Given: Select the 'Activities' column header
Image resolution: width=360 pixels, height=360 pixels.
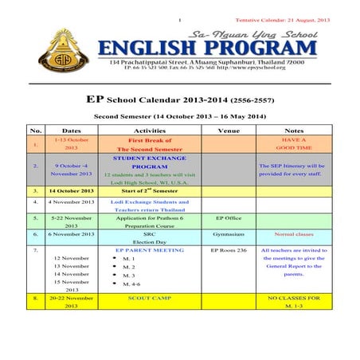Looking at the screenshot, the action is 149,130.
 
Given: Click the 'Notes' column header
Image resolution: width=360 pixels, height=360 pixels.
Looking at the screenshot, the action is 294,130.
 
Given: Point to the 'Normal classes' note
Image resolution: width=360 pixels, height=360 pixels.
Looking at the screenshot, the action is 294,235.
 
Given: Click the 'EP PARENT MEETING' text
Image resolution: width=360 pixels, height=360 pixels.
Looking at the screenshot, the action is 149,250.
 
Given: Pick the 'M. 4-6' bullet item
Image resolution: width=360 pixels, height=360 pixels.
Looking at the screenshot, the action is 128,284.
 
